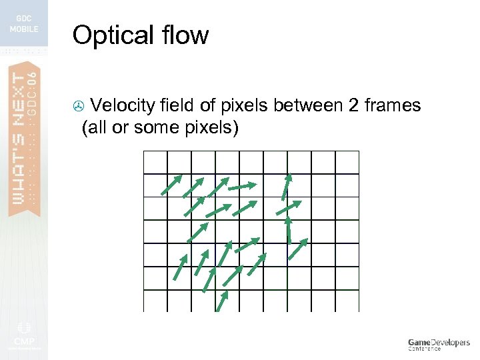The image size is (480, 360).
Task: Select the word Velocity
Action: pos(123,105)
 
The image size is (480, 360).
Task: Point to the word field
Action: pos(179,105)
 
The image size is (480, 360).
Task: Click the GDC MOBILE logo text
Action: pos(23,24)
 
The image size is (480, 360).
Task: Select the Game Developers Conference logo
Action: pos(438,344)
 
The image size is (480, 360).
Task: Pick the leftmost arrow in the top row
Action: pos(171,185)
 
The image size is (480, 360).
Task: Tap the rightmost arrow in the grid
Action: pos(298,248)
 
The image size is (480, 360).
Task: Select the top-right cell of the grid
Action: pos(347,162)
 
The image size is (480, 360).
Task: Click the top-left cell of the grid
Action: pos(155,162)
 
